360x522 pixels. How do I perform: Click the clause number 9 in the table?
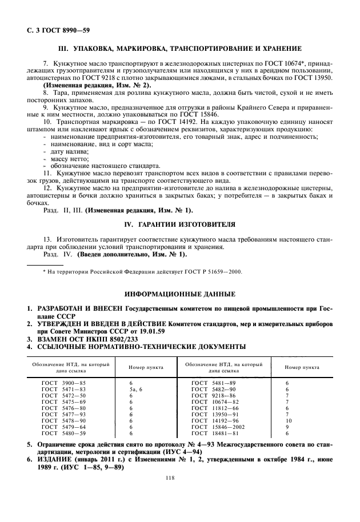(x=287, y=427)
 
